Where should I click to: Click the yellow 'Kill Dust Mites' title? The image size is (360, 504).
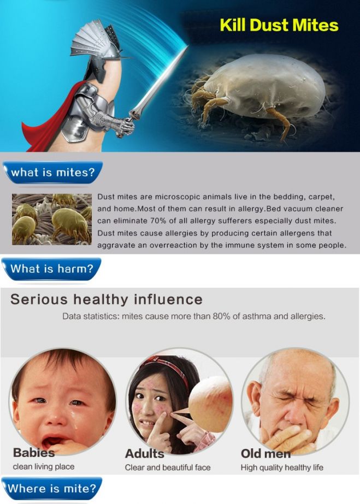click(x=279, y=26)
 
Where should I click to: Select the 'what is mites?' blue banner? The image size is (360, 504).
click(x=52, y=173)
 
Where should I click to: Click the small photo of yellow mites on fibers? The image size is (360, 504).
click(x=52, y=219)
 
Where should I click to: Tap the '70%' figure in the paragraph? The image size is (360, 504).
click(x=157, y=221)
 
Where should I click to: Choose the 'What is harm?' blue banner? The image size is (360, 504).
click(x=51, y=269)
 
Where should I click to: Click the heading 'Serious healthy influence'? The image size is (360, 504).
click(x=107, y=299)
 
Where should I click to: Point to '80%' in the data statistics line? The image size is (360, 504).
click(x=222, y=316)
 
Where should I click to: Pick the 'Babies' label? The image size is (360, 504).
click(x=34, y=453)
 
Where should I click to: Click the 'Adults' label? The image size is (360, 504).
click(x=144, y=454)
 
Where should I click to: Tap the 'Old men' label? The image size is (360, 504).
click(x=265, y=454)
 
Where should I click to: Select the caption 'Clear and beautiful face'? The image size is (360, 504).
click(x=168, y=467)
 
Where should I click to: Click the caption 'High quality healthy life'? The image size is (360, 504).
click(x=282, y=467)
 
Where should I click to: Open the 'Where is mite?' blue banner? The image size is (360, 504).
click(x=52, y=489)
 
